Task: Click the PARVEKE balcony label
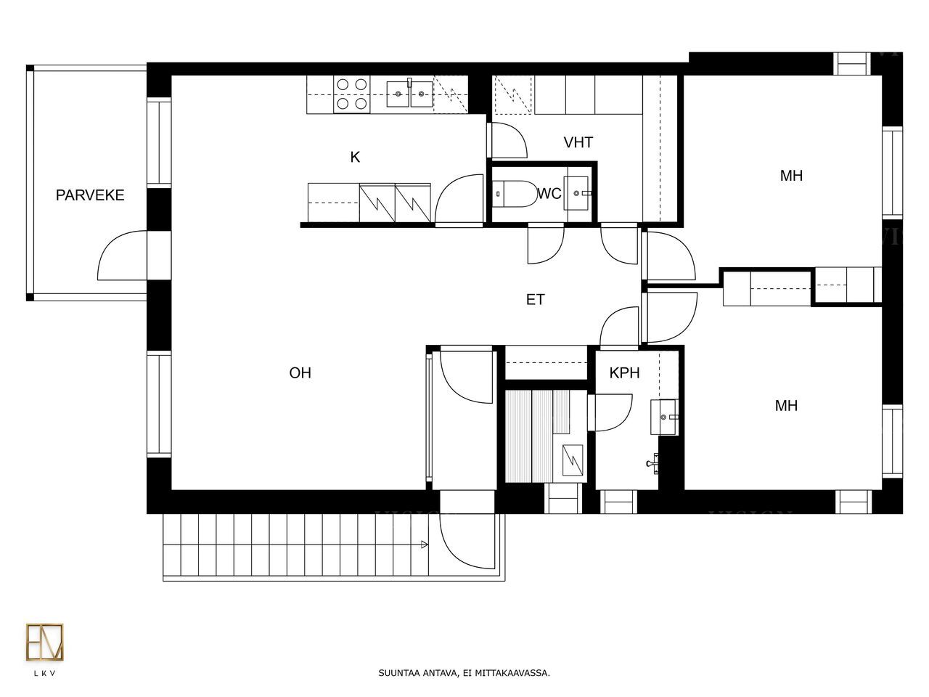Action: (x=90, y=195)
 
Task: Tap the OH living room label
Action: (x=300, y=373)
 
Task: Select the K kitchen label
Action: (x=355, y=157)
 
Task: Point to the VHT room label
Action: (x=578, y=142)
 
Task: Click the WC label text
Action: (x=549, y=193)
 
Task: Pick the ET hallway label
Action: (x=535, y=300)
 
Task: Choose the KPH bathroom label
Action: (x=624, y=373)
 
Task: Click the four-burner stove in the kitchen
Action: (x=352, y=94)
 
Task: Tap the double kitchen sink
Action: (x=409, y=94)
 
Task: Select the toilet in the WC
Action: (x=515, y=194)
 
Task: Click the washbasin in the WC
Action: (x=576, y=193)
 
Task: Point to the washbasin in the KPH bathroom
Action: (x=664, y=417)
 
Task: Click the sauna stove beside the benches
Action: (x=572, y=460)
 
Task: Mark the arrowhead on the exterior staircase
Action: (x=424, y=545)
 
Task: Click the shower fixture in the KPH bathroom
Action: (x=652, y=463)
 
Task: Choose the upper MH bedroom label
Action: (x=791, y=176)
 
